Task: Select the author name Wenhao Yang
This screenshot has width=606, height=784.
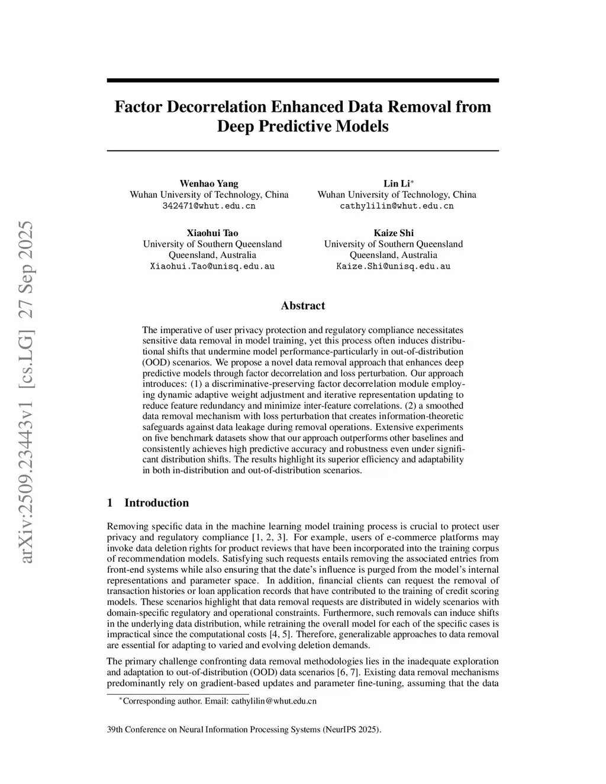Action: [209, 183]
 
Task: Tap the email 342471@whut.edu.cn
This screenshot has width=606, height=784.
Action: [209, 206]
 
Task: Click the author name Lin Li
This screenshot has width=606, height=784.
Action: [395, 183]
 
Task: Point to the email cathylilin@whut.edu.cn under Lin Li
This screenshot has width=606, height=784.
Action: [397, 206]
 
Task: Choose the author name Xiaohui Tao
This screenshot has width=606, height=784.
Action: [212, 233]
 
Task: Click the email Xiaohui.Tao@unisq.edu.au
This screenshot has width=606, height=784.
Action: [212, 266]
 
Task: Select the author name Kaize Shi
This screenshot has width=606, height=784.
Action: [394, 233]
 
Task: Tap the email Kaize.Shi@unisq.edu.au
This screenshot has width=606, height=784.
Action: [394, 266]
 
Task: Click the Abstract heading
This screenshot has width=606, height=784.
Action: [303, 306]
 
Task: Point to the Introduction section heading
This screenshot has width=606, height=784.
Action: [156, 503]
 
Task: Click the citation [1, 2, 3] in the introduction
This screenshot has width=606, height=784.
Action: [270, 537]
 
